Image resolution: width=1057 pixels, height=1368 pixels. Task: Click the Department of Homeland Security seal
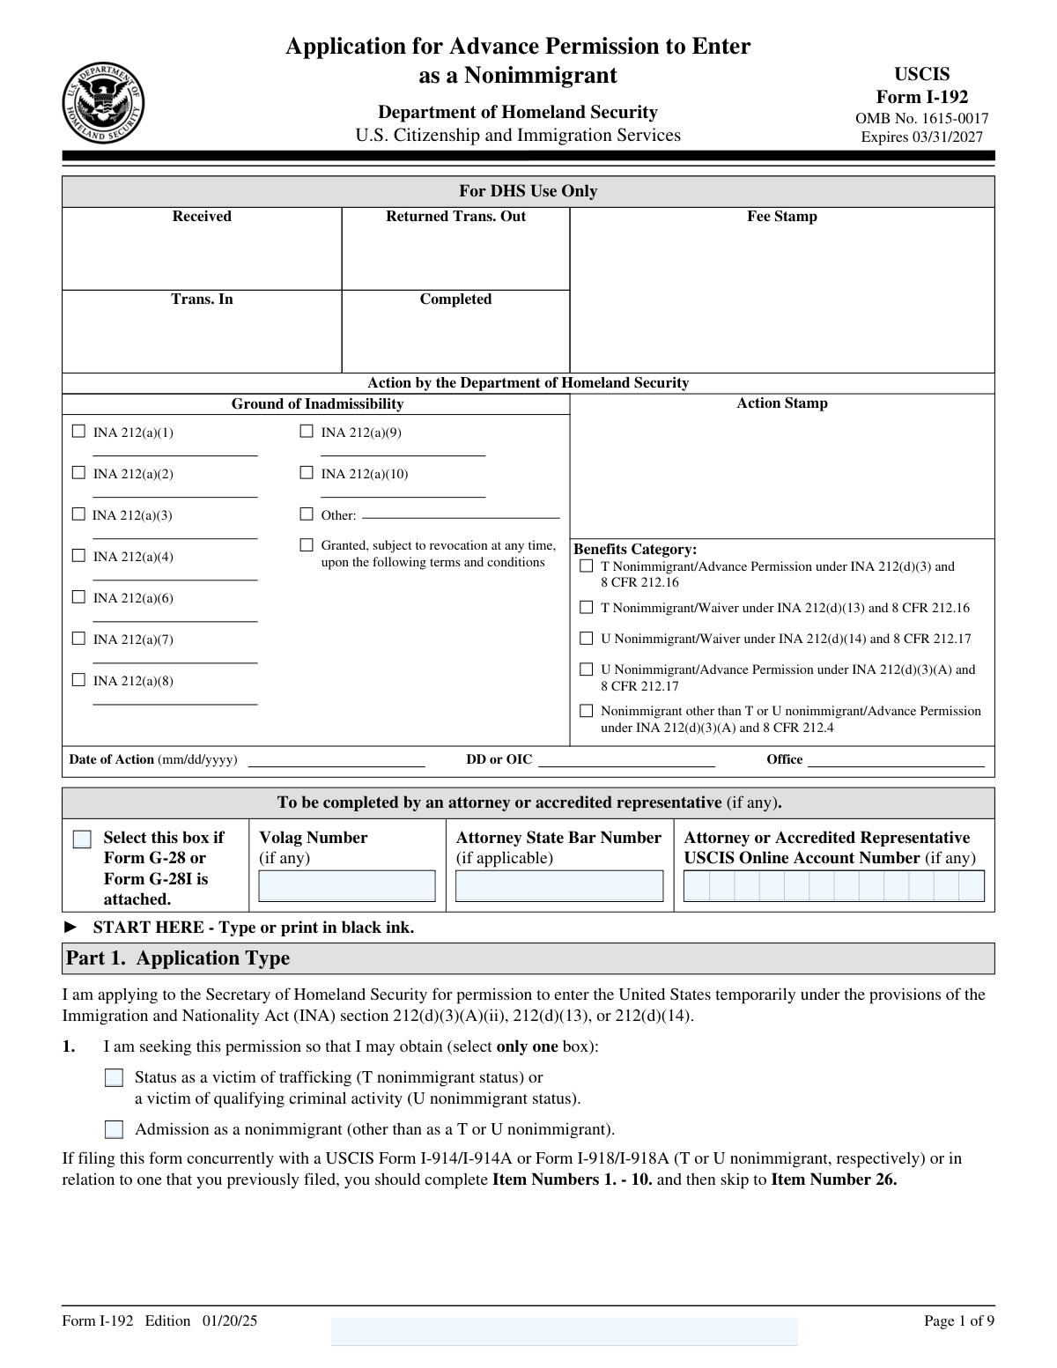(x=103, y=105)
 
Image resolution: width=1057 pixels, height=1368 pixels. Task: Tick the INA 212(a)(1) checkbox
(x=78, y=432)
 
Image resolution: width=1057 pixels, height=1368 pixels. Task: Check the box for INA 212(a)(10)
(x=307, y=473)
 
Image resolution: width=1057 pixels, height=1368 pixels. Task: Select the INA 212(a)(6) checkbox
(x=78, y=597)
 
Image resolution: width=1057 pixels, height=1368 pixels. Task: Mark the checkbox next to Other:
(x=307, y=514)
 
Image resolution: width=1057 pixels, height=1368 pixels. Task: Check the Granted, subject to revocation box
(x=307, y=545)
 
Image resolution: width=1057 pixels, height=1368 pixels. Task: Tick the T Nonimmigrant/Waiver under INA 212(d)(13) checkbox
(x=586, y=608)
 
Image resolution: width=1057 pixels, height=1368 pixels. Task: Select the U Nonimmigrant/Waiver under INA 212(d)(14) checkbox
(x=586, y=639)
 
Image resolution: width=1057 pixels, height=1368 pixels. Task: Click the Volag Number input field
(x=347, y=886)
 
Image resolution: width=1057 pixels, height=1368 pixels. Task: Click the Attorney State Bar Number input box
(x=559, y=886)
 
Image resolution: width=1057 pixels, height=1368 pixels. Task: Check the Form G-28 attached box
(x=82, y=839)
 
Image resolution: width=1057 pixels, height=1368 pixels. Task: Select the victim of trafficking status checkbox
(x=114, y=1078)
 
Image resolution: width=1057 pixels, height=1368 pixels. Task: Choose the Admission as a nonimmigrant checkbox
(x=114, y=1130)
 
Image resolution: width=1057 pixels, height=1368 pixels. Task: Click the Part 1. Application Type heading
(x=177, y=958)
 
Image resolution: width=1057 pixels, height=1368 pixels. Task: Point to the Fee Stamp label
(x=782, y=217)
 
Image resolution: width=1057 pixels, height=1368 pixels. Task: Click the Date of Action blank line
(x=336, y=761)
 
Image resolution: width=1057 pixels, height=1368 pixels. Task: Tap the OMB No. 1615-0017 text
(x=921, y=118)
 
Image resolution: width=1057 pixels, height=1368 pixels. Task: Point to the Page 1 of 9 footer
(x=958, y=1320)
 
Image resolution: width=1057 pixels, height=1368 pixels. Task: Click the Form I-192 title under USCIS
(x=921, y=97)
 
